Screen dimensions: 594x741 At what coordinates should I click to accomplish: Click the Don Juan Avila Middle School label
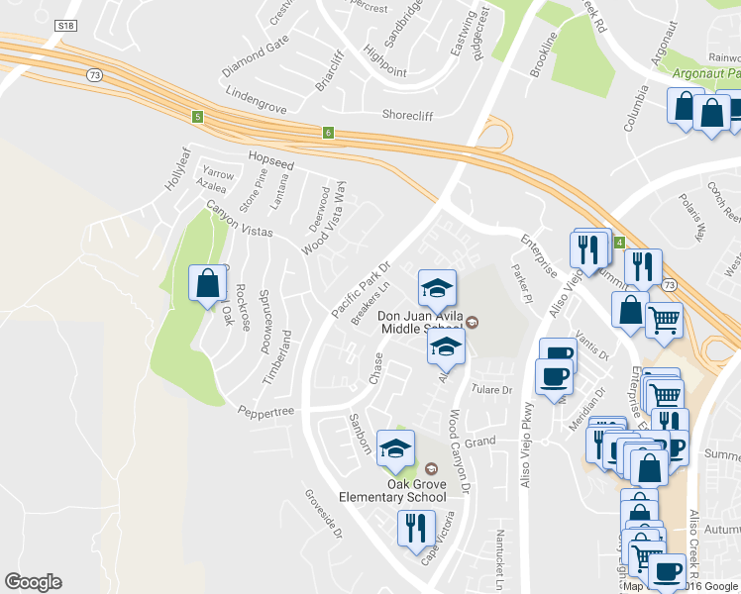[x=420, y=323]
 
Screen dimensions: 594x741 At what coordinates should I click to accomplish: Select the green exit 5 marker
[x=197, y=117]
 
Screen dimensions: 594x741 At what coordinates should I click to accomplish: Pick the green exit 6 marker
[x=328, y=132]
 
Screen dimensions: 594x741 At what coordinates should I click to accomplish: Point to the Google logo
[x=33, y=582]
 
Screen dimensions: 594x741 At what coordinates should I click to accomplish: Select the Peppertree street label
[x=265, y=409]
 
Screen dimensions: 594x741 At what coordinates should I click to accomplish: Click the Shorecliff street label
[x=407, y=115]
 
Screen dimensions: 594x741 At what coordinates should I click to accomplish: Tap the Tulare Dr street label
[x=490, y=390]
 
